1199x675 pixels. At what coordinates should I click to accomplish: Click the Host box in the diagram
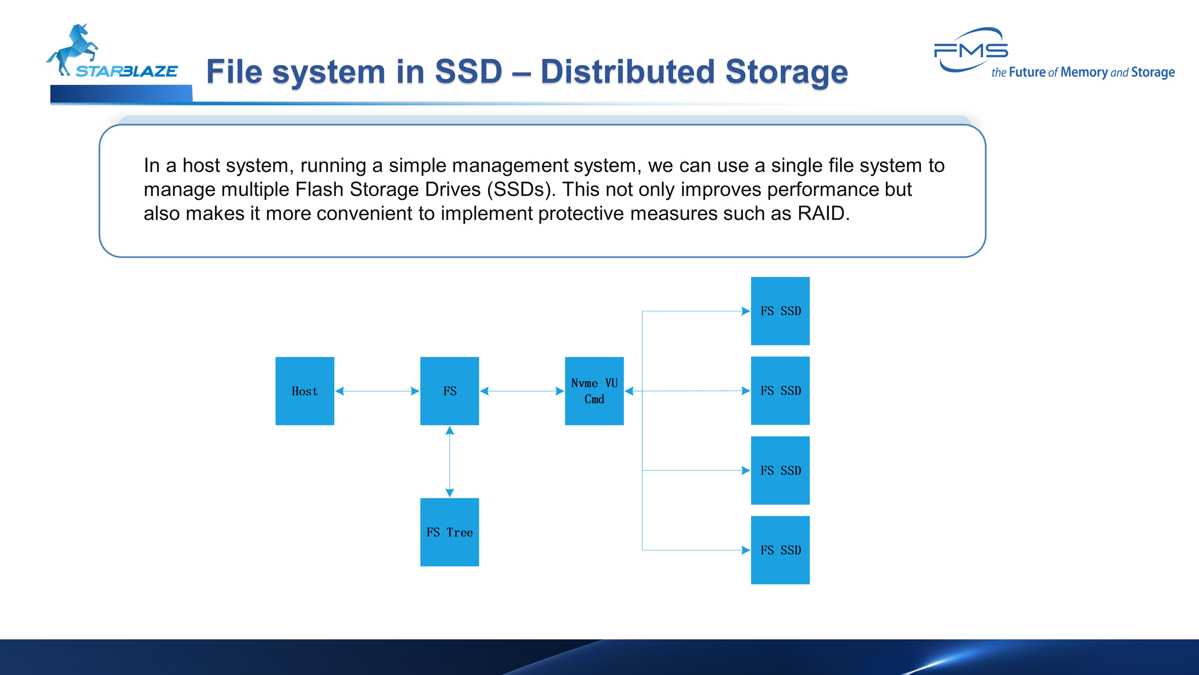click(x=305, y=391)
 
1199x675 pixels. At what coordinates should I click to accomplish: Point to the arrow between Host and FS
click(x=377, y=391)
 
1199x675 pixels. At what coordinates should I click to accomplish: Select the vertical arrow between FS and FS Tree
click(x=450, y=461)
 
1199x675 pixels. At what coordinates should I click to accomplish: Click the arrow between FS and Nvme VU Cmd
click(x=522, y=391)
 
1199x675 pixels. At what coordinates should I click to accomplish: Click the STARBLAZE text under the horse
click(x=127, y=71)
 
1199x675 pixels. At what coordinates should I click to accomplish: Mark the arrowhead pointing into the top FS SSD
click(x=745, y=311)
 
